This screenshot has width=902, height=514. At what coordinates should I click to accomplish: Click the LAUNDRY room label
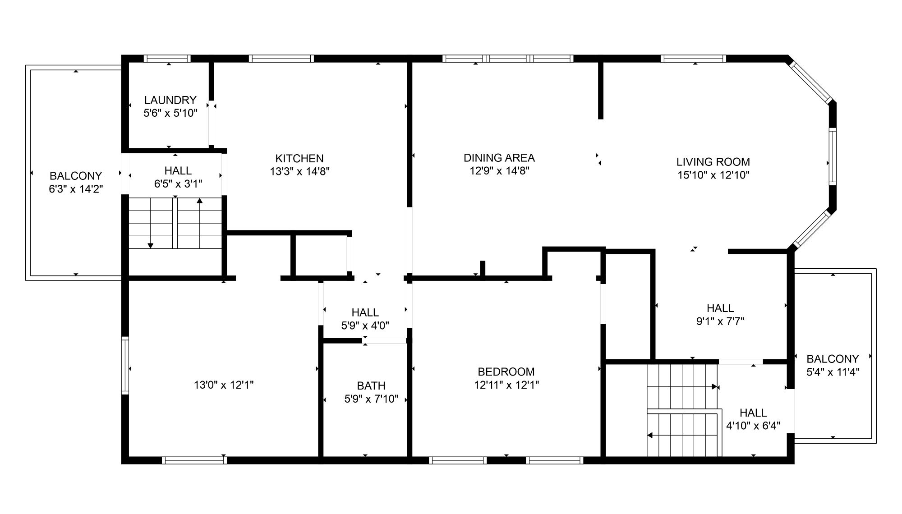click(170, 100)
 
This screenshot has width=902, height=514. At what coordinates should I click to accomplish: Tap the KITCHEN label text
click(299, 158)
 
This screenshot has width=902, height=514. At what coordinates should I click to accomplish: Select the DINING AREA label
click(499, 158)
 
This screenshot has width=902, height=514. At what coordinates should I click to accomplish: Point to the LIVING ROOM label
click(713, 161)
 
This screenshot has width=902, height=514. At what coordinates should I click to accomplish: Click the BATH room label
click(371, 385)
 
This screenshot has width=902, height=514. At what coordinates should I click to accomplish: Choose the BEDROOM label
click(506, 372)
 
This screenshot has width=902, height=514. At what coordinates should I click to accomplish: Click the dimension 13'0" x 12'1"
click(223, 385)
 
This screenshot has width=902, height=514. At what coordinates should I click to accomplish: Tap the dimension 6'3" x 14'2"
click(76, 188)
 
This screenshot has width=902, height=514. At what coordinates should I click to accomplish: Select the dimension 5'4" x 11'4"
click(833, 372)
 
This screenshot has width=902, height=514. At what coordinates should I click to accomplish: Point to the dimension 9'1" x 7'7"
click(720, 321)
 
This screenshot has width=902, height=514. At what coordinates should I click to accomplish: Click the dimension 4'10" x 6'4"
click(753, 426)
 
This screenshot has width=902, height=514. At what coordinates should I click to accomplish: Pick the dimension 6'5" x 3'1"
click(178, 184)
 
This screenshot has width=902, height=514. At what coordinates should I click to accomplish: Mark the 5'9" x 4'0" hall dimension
click(365, 325)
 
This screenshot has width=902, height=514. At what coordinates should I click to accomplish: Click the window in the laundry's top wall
click(167, 59)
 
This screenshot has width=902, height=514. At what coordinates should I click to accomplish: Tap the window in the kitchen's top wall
click(281, 59)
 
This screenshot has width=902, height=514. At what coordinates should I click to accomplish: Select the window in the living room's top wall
click(694, 59)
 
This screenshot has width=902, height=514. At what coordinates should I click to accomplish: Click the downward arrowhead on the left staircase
click(151, 245)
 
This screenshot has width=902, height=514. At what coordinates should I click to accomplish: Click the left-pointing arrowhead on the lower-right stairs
click(650, 435)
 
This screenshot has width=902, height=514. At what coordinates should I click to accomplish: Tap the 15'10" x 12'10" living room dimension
click(713, 174)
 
